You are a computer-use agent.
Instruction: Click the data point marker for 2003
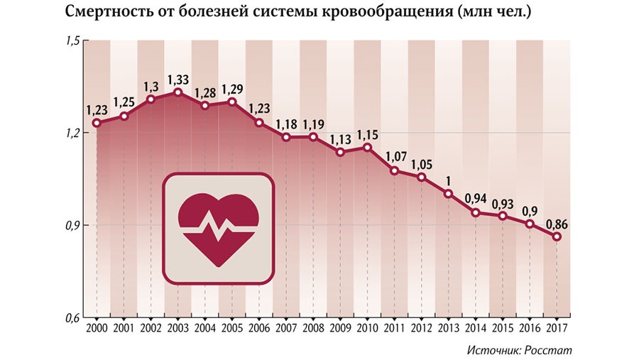click(x=177, y=92)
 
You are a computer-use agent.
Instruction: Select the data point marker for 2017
click(x=557, y=236)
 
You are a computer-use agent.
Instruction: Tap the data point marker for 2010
click(x=367, y=148)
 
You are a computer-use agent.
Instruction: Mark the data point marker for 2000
click(x=97, y=123)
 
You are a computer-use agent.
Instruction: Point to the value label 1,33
click(x=177, y=79)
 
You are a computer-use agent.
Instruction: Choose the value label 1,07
click(x=395, y=156)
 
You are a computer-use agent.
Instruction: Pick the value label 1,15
click(x=368, y=134)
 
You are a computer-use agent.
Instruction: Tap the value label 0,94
click(x=476, y=198)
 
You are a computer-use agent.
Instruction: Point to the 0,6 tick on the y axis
click(x=73, y=317)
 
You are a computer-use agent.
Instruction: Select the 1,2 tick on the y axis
click(x=73, y=133)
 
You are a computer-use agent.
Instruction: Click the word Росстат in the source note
click(x=549, y=350)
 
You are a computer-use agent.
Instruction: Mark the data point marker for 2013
click(x=449, y=194)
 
